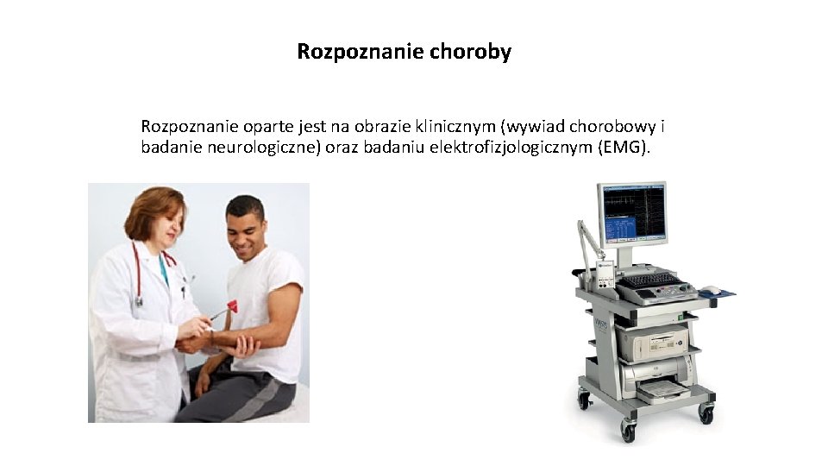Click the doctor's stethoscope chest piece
pyautogui.click(x=138, y=301)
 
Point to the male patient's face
pyautogui.click(x=246, y=228)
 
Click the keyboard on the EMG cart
pyautogui.click(x=652, y=280)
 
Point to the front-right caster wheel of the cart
pyautogui.click(x=706, y=415)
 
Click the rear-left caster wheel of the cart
pyautogui.click(x=584, y=400)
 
